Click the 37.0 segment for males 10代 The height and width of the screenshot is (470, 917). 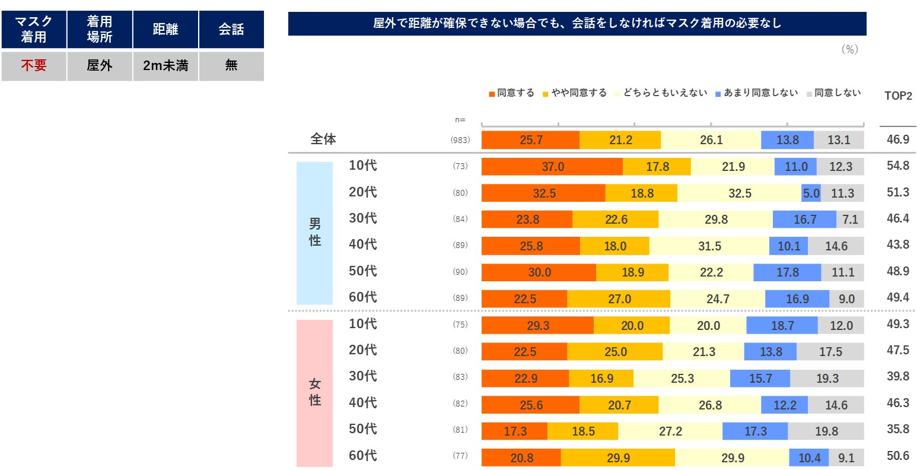[x=552, y=167]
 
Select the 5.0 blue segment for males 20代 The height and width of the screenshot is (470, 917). [x=810, y=193]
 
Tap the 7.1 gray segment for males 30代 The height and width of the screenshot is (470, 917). [x=850, y=220]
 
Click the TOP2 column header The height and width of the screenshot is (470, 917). [x=898, y=96]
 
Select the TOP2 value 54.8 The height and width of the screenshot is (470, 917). [x=898, y=166]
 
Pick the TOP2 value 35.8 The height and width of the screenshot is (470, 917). [x=898, y=429]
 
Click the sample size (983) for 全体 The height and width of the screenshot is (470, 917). [x=460, y=140]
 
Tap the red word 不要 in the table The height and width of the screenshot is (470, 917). [x=34, y=66]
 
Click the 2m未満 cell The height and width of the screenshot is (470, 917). [x=165, y=66]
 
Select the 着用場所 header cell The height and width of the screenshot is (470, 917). [x=100, y=29]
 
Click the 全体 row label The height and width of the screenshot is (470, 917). [x=323, y=139]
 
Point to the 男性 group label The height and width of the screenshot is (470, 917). [x=315, y=232]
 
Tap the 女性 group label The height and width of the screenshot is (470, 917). [x=315, y=392]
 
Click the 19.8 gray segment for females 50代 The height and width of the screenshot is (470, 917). [x=826, y=431]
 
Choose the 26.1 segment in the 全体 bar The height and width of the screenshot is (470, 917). [x=711, y=140]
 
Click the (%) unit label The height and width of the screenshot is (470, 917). [x=849, y=50]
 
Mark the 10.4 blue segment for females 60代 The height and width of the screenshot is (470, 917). [x=809, y=458]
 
